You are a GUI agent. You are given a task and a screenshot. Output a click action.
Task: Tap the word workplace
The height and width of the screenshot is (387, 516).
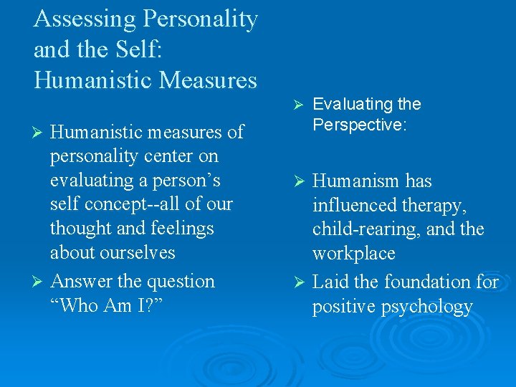[x=353, y=254]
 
